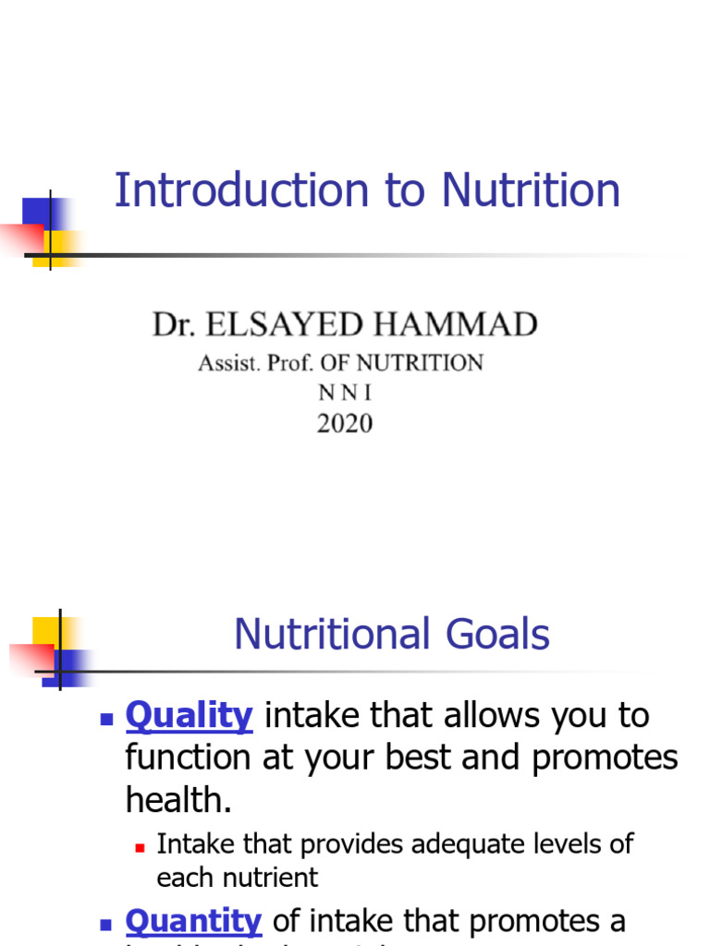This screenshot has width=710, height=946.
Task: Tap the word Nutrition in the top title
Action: click(x=531, y=191)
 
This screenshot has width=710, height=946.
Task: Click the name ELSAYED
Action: click(x=301, y=325)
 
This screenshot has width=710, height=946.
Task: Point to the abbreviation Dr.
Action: click(x=173, y=325)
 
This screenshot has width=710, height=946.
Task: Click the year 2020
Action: click(x=345, y=423)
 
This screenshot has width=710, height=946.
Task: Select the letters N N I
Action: click(x=345, y=393)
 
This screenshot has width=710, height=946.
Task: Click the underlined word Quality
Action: click(x=189, y=715)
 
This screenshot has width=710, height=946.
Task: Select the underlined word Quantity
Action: click(x=193, y=920)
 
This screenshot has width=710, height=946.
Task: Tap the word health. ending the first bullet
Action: click(x=178, y=799)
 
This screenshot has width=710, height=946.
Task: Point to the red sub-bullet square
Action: click(x=141, y=845)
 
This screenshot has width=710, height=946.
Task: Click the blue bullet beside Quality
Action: click(x=106, y=718)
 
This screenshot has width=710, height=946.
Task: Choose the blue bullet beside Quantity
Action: click(x=106, y=923)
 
